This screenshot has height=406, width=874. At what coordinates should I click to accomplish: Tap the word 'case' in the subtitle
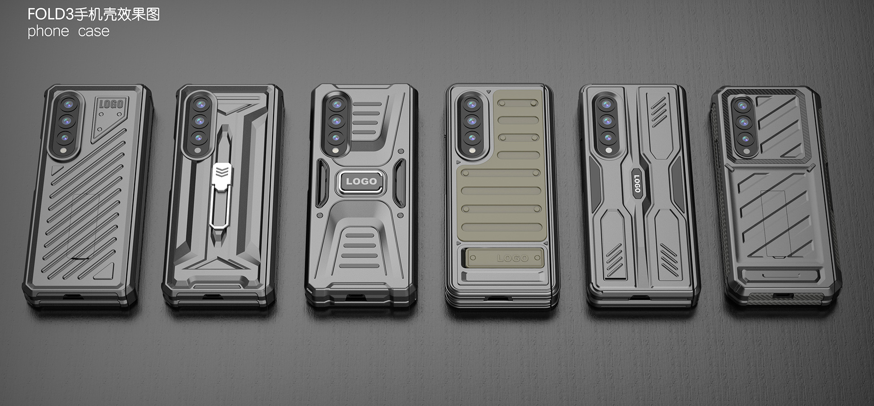[94, 32]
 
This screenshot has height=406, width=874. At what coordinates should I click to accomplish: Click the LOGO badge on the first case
[111, 103]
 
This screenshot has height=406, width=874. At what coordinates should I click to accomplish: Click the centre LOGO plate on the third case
[361, 181]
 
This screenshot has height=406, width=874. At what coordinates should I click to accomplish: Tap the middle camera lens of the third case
[336, 121]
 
